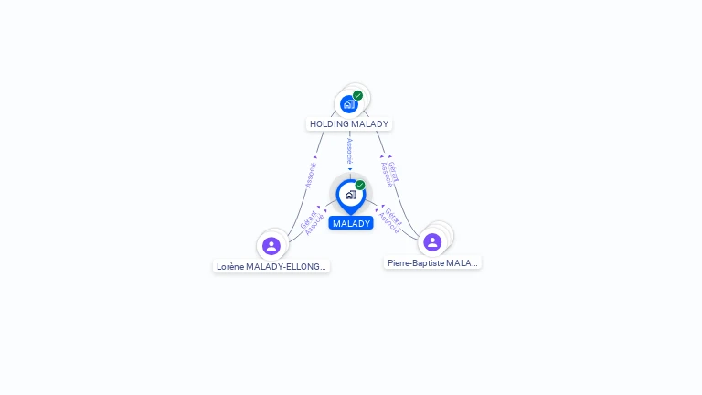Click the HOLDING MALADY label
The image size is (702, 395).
point(349,123)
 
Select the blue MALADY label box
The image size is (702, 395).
point(351,223)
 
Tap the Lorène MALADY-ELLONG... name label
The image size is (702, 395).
point(271,267)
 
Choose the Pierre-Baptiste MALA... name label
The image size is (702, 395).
point(432,262)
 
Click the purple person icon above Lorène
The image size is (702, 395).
point(271,245)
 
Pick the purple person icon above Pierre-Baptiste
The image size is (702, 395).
point(432,241)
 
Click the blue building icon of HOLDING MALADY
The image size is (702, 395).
point(348,104)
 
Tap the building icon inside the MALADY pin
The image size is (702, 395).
point(350,194)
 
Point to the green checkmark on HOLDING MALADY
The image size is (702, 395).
point(357,95)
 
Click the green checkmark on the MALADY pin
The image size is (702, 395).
point(360,185)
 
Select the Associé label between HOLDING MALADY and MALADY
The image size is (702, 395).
point(349,152)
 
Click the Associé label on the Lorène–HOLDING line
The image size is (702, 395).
point(310,173)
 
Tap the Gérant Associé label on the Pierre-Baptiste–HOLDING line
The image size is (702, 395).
point(390,172)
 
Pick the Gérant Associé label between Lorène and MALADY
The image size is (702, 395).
point(311,222)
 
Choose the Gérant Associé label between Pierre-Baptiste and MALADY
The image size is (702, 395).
point(390,219)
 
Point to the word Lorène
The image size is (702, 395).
point(229,267)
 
